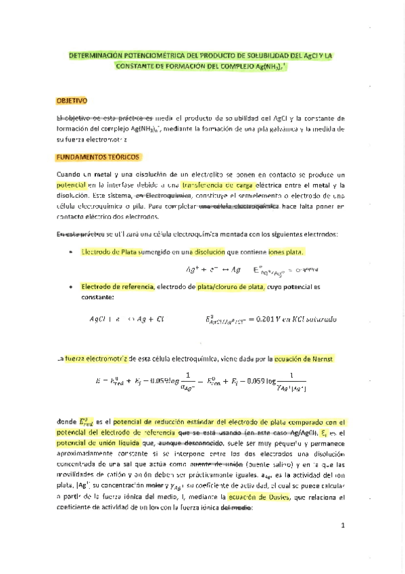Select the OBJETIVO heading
tap(72, 101)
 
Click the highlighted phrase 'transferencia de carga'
tap(214, 185)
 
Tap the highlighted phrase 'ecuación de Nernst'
tap(312, 357)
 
